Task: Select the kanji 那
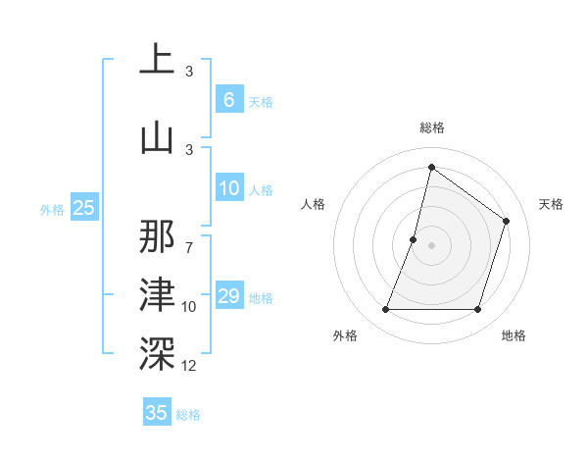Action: pyautogui.click(x=157, y=236)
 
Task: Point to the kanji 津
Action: pyautogui.click(x=157, y=293)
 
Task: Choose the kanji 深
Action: pyautogui.click(x=157, y=352)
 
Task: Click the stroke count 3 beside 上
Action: pyautogui.click(x=189, y=72)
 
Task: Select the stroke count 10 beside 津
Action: pyautogui.click(x=190, y=307)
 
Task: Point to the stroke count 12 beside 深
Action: pyautogui.click(x=190, y=366)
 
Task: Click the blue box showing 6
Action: pyautogui.click(x=228, y=100)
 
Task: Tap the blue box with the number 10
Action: pyautogui.click(x=228, y=188)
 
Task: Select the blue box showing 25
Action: pyautogui.click(x=83, y=207)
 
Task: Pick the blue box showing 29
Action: pyautogui.click(x=228, y=296)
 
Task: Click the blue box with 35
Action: pyautogui.click(x=157, y=413)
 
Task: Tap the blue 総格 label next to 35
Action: pyautogui.click(x=189, y=415)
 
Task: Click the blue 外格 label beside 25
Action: pyautogui.click(x=52, y=209)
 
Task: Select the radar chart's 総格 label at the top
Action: pyautogui.click(x=431, y=128)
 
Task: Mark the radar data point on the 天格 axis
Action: pyautogui.click(x=507, y=221)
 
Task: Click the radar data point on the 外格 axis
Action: pyautogui.click(x=385, y=310)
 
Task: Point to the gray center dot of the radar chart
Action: pyautogui.click(x=431, y=245)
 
